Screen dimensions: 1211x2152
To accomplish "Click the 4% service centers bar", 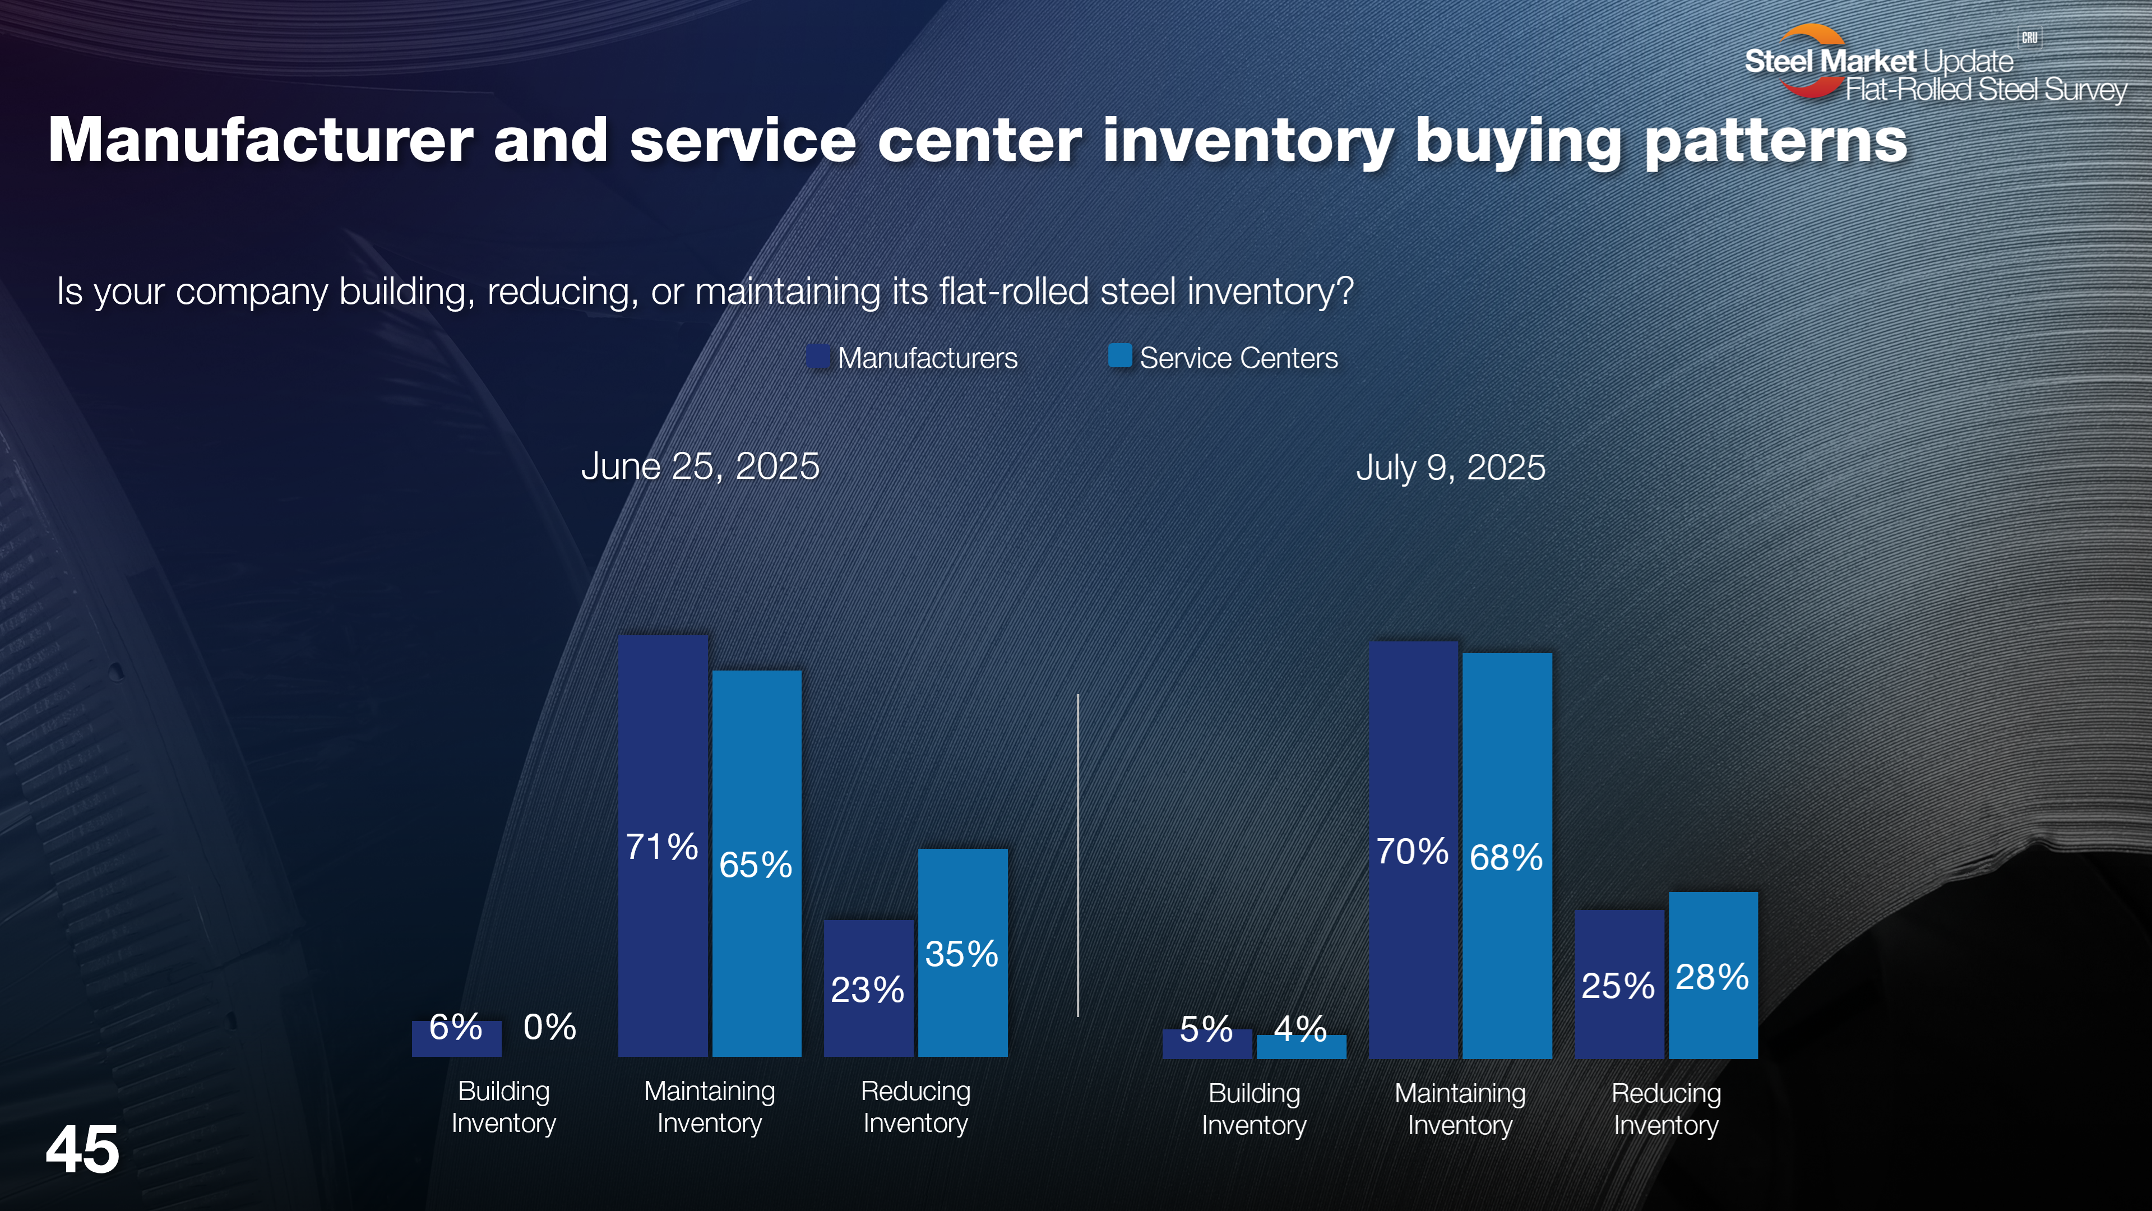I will (1301, 1047).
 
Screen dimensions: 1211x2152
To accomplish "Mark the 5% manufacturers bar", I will (1206, 1044).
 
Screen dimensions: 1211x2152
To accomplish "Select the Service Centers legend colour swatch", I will (1119, 356).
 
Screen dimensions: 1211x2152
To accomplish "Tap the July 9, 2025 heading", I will (1450, 467).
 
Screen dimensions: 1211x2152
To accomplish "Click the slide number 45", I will (82, 1150).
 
